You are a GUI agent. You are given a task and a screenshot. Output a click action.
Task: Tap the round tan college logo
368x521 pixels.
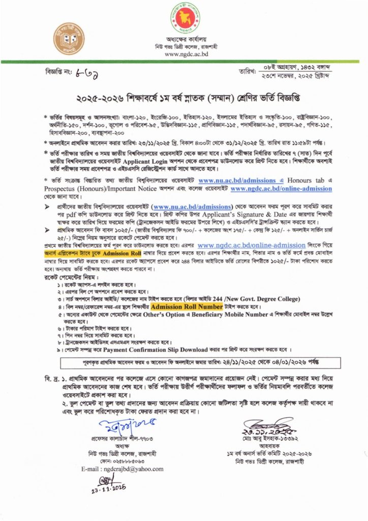(x=70, y=39)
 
